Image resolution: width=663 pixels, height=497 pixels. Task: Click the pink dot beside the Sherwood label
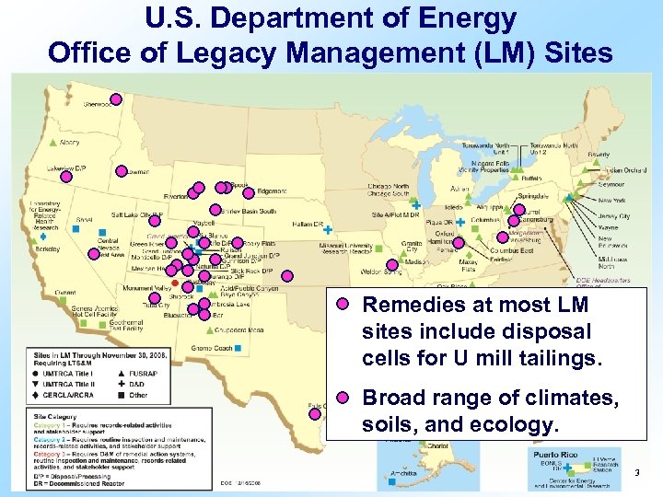point(117,99)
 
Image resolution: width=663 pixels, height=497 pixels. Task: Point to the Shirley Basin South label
point(248,211)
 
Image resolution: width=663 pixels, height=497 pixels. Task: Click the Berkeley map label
point(48,248)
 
